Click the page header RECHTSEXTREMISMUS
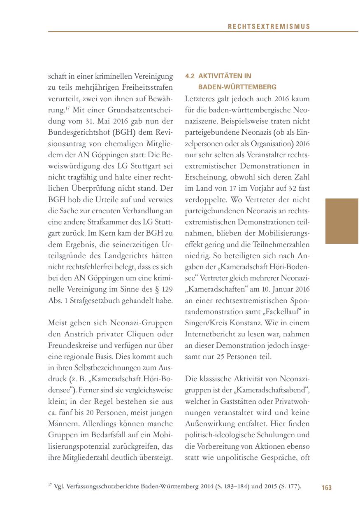269,27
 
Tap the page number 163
327,488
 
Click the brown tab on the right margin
341,221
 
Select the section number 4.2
190,76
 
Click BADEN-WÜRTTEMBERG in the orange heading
237,87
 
